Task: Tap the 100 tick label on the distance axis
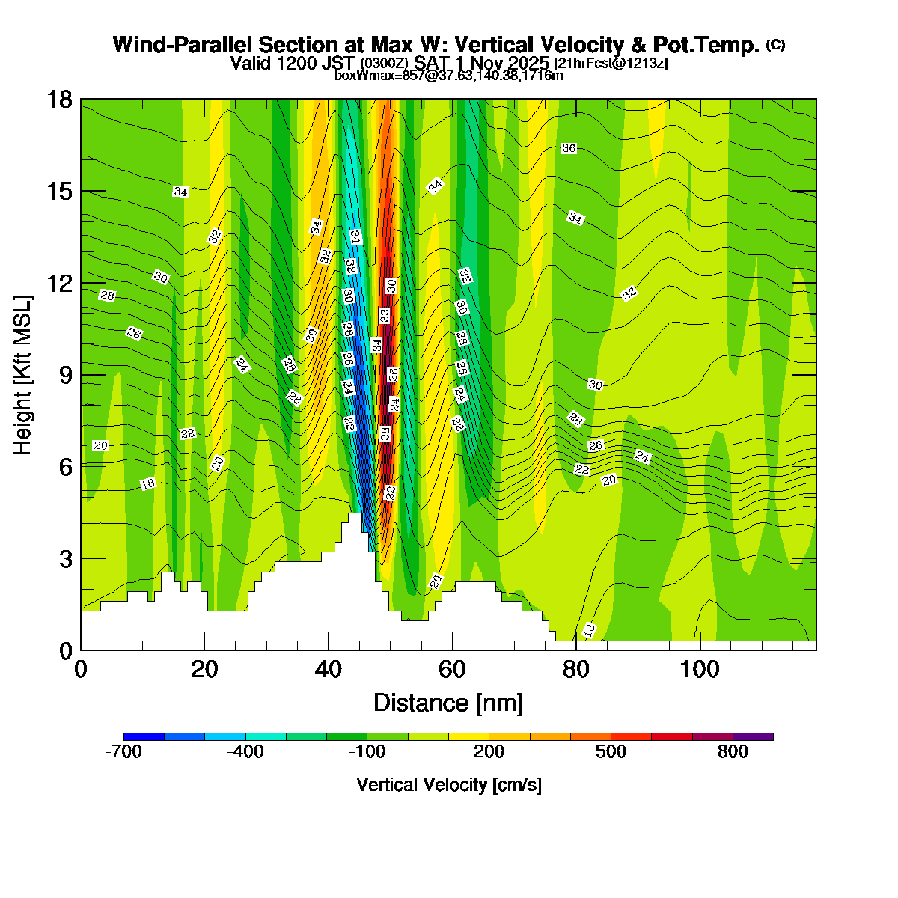700,668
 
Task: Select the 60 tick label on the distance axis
452,668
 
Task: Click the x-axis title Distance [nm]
448,703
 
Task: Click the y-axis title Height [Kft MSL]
23,375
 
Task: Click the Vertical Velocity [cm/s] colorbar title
449,785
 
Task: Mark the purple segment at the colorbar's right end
753,737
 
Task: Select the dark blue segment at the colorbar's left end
144,737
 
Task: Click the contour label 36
569,148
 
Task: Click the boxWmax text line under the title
448,75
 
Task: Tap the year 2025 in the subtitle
528,63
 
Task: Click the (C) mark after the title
775,45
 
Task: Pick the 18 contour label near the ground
589,631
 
